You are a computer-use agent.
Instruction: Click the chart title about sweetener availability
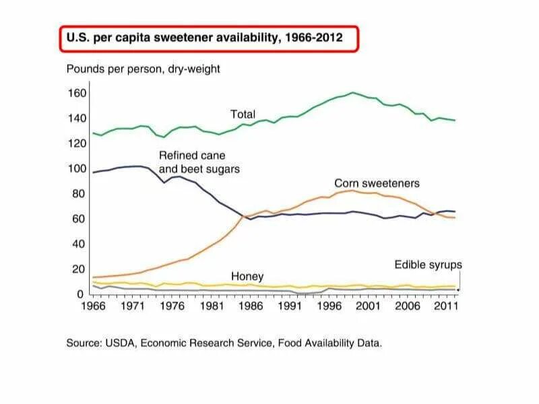pos(203,38)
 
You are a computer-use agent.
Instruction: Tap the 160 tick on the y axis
pos(77,93)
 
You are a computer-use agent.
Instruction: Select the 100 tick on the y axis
pos(77,168)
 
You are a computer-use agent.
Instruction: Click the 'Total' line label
pos(243,114)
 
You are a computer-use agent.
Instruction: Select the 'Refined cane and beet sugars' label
pos(199,162)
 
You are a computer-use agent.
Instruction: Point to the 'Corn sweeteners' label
pos(377,183)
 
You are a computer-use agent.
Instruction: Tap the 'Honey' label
pos(247,277)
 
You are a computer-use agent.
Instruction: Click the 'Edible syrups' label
pos(428,265)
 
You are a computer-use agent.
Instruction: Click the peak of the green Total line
pos(352,92)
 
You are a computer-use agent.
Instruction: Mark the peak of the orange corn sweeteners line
pos(351,191)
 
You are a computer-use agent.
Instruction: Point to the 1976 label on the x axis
pos(173,306)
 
